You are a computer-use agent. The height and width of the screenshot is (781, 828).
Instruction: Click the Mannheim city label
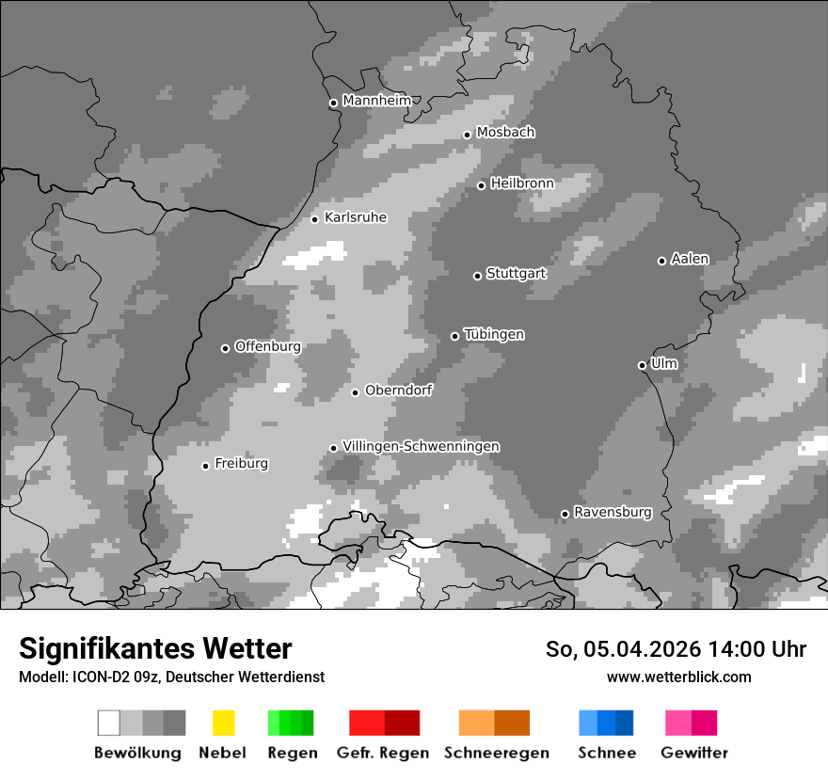click(376, 101)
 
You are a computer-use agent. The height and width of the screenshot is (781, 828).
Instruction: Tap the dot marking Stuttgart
click(477, 276)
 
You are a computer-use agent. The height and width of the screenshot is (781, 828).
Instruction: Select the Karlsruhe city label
click(356, 217)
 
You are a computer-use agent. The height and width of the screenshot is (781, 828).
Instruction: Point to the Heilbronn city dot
click(481, 185)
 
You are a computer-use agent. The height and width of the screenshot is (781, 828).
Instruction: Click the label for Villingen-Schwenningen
click(421, 446)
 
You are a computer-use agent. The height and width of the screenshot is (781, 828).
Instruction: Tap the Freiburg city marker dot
click(205, 466)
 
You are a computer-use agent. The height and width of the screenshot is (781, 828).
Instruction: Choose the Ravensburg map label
click(613, 512)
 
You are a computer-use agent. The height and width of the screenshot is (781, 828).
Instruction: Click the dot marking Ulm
click(642, 365)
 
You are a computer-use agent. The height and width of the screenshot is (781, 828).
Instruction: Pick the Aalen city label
click(690, 259)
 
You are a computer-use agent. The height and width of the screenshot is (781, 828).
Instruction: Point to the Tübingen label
click(494, 334)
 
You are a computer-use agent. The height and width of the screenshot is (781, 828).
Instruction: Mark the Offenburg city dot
click(225, 348)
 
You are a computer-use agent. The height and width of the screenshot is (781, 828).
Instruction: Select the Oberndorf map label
click(398, 390)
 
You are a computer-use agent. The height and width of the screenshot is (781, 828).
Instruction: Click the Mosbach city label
click(505, 133)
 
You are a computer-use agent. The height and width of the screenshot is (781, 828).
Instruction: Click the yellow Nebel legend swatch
click(223, 723)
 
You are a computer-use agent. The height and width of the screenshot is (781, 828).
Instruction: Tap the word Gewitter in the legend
click(694, 753)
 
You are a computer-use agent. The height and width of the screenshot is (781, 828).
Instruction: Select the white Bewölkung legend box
click(109, 723)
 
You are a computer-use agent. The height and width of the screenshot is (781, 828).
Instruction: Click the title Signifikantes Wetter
click(155, 649)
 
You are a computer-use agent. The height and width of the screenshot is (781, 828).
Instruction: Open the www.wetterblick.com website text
click(678, 677)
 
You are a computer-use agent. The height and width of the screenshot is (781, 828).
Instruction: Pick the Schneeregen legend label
click(497, 753)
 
